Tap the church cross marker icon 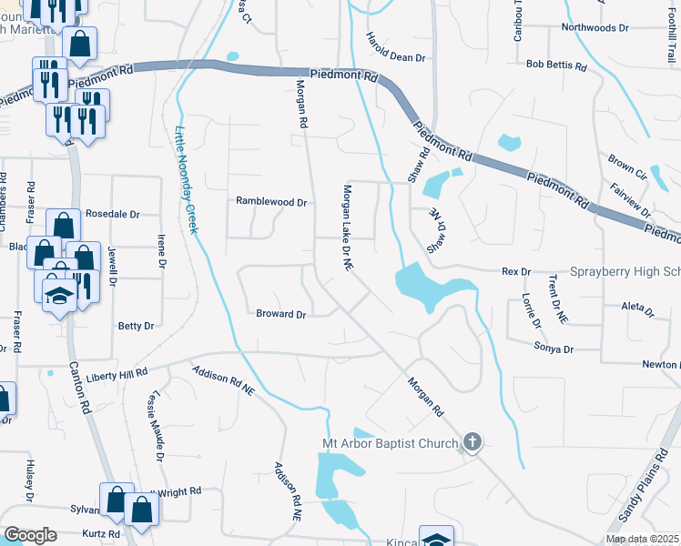[x=472, y=443]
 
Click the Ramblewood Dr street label [x=271, y=202]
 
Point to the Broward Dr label [x=280, y=314]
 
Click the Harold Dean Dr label [x=395, y=49]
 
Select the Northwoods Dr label [x=595, y=28]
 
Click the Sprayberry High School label [x=625, y=272]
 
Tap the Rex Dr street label [x=516, y=272]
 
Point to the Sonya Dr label [x=554, y=349]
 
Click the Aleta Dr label [x=636, y=310]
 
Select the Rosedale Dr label [x=112, y=215]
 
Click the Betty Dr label [x=136, y=325]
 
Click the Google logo [x=31, y=535]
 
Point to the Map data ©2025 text [x=641, y=539]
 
